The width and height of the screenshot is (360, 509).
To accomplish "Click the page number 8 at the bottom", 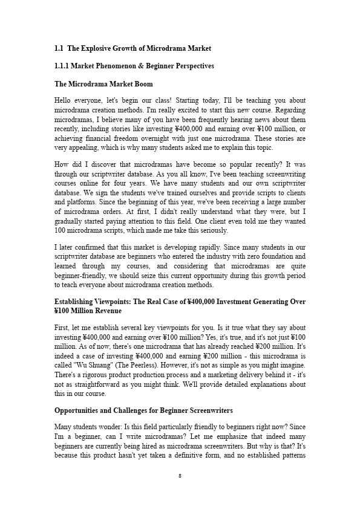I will (x=180, y=476).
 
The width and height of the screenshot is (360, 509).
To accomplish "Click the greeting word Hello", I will (x=64, y=100).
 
